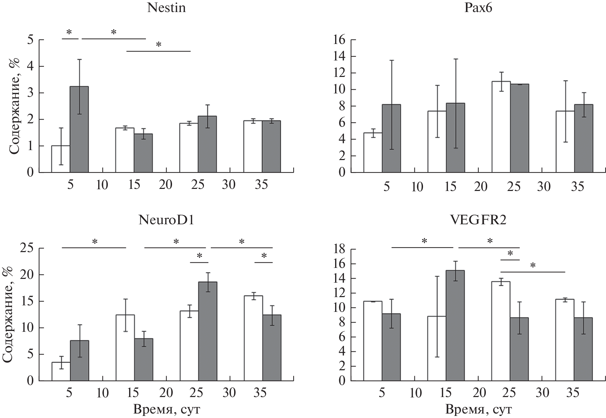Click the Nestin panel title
tap(167, 8)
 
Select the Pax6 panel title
tap(478, 8)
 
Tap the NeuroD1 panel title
tap(166, 220)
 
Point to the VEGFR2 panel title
tap(478, 220)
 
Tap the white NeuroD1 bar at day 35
tap(253, 338)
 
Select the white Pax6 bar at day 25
tap(501, 127)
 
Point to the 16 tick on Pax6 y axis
tap(340, 40)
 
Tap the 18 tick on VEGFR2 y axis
tap(340, 249)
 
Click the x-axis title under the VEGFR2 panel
tap(479, 409)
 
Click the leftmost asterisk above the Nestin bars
tap(69, 32)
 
